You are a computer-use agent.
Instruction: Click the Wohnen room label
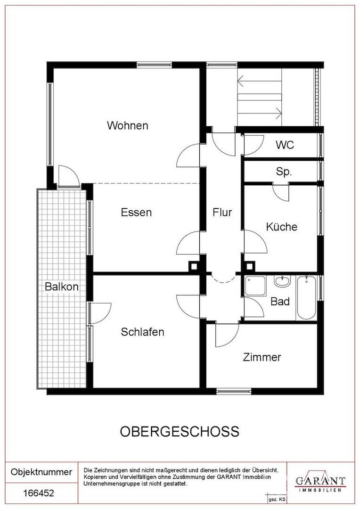coord(128,125)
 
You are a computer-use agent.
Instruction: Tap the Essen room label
coord(136,212)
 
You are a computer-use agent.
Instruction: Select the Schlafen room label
coord(142,332)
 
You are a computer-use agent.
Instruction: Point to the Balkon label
coord(62,287)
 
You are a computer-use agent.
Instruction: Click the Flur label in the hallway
coord(222,212)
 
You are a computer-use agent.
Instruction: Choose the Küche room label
coord(281,227)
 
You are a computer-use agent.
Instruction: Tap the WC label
coord(285,145)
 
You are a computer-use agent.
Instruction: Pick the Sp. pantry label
coord(284,172)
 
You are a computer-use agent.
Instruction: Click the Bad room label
coord(280,302)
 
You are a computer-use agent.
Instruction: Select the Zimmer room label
coord(262,357)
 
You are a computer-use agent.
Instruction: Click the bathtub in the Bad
coord(306,297)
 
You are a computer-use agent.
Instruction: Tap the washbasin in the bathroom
coord(282,281)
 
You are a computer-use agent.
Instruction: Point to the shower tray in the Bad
coord(255,285)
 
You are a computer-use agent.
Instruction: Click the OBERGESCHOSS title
coord(180,431)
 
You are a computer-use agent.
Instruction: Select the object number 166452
coord(39,493)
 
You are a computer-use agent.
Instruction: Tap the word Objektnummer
coord(41,472)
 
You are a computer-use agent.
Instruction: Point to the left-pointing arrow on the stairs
coord(259,81)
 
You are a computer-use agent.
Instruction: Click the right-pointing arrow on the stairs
coord(259,113)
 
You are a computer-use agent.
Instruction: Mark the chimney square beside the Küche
coord(249,267)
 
